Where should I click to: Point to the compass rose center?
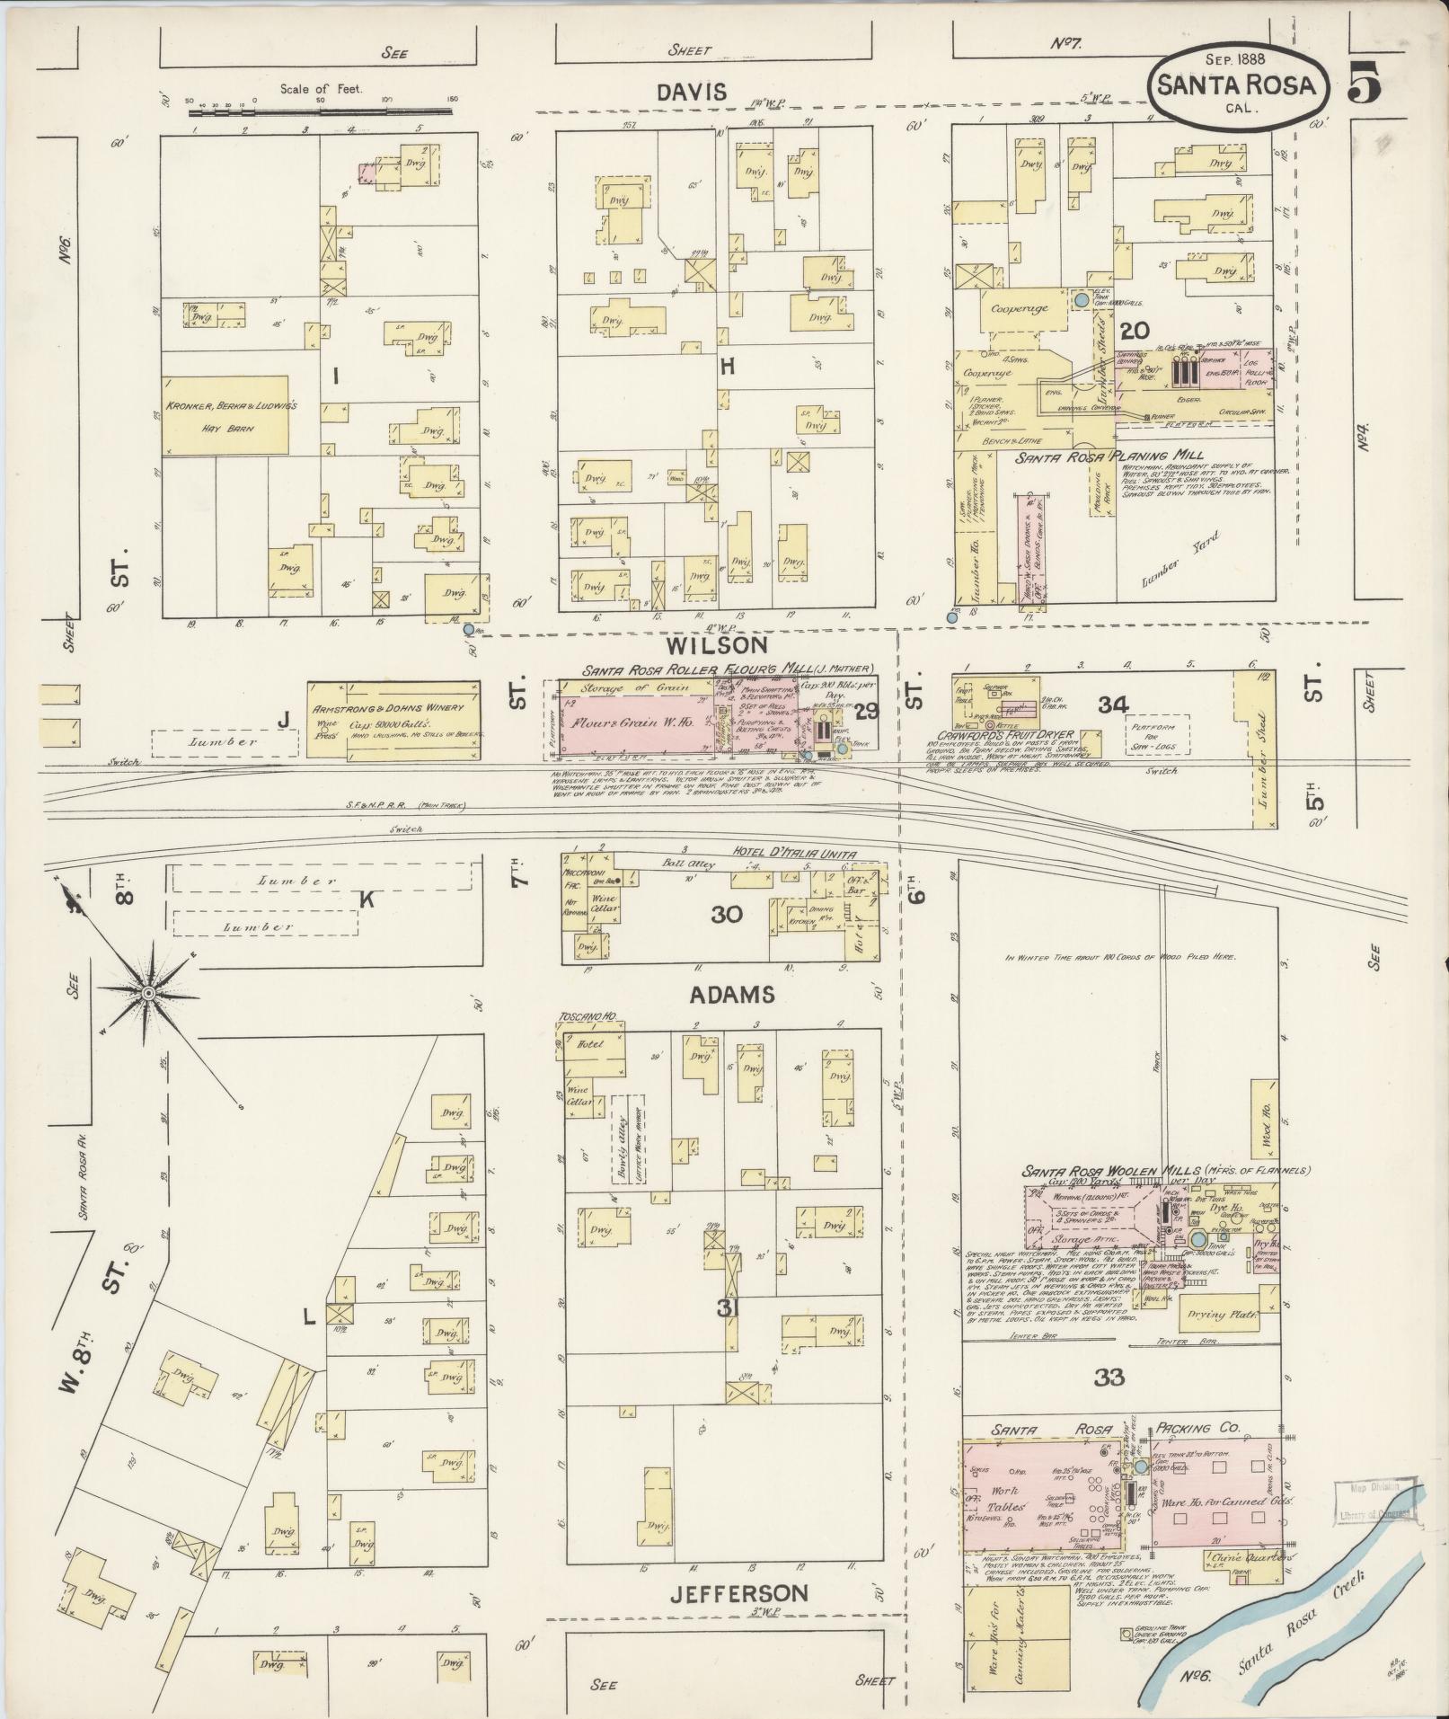click(147, 993)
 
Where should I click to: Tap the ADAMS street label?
click(720, 995)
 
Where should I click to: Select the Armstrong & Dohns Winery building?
click(393, 719)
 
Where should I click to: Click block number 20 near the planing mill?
click(1135, 330)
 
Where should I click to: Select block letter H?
click(727, 366)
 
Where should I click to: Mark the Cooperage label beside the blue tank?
click(1019, 308)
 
